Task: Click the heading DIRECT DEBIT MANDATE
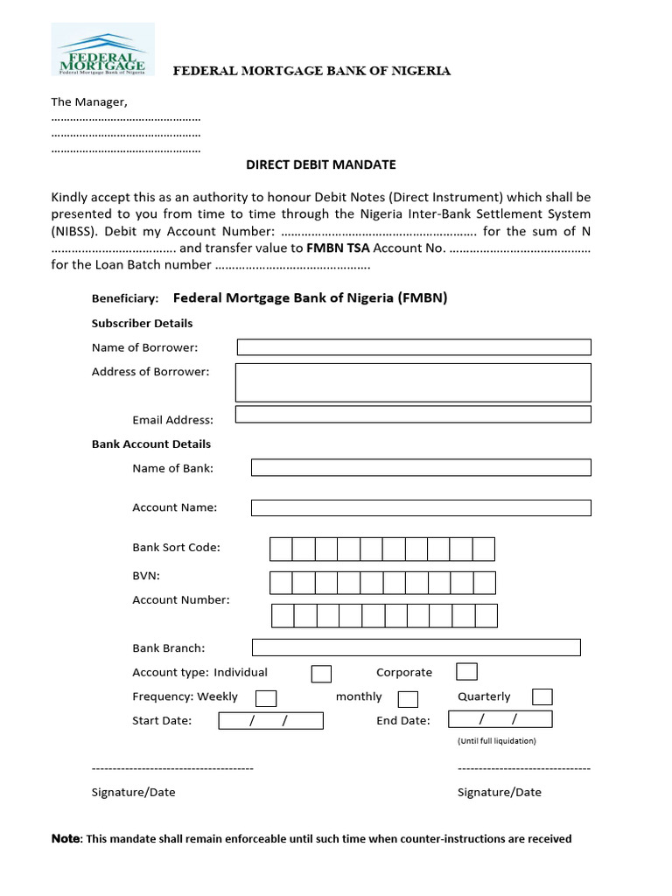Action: [319, 164]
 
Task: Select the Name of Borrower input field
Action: [414, 347]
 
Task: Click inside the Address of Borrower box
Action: [414, 382]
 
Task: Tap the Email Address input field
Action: [413, 415]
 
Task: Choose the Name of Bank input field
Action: [421, 467]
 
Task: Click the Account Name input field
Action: [421, 507]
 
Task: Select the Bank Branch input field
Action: [416, 647]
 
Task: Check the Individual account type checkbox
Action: [321, 674]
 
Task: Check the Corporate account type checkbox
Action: [466, 672]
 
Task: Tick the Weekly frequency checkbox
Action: [266, 698]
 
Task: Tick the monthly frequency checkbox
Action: [408, 699]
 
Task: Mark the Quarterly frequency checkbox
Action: [542, 697]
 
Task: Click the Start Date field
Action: [270, 721]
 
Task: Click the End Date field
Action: [500, 720]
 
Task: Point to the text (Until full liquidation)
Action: [496, 741]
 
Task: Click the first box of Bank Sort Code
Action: [281, 549]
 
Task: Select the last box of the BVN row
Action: [484, 583]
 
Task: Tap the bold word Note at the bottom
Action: [66, 839]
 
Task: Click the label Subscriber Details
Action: [142, 323]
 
